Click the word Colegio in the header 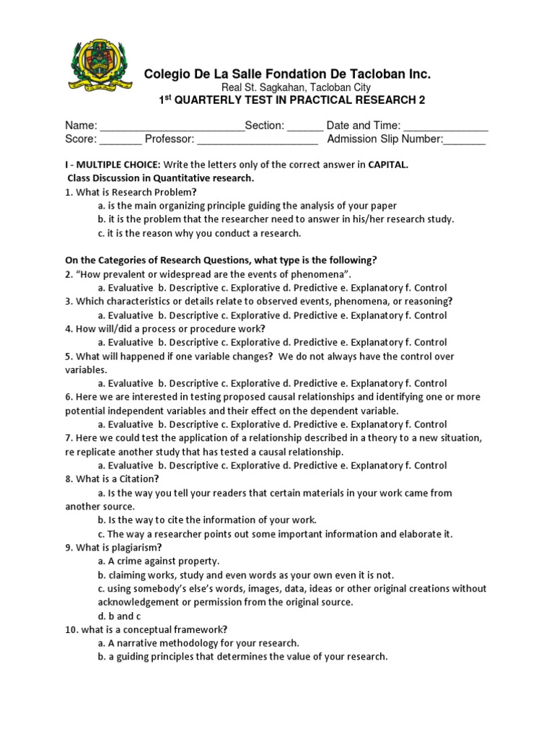pyautogui.click(x=167, y=74)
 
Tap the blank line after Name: pyautogui.click(x=172, y=126)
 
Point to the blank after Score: pyautogui.click(x=120, y=140)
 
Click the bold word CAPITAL pyautogui.click(x=388, y=165)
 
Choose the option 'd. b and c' pyautogui.click(x=120, y=616)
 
